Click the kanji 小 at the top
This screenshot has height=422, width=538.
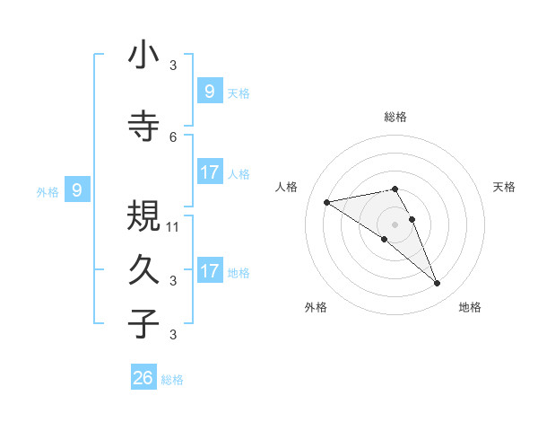click(x=143, y=57)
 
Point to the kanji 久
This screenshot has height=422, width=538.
click(x=143, y=270)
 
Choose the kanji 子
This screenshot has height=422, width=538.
click(x=143, y=323)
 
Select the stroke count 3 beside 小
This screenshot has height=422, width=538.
click(x=173, y=65)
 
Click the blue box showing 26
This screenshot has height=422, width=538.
click(x=143, y=378)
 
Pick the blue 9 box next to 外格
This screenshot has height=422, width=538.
click(x=77, y=189)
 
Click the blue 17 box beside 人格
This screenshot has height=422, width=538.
click(x=209, y=172)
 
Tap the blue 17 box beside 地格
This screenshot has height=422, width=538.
click(x=209, y=271)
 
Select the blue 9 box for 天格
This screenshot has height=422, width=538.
click(x=209, y=91)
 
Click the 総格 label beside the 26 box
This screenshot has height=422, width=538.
click(x=172, y=380)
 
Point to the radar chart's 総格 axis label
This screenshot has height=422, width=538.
click(x=395, y=117)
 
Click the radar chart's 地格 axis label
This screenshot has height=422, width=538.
click(x=470, y=307)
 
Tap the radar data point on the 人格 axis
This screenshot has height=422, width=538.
click(x=326, y=202)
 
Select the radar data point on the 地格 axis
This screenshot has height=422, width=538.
click(x=438, y=284)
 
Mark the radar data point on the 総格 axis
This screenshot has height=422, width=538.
click(x=395, y=189)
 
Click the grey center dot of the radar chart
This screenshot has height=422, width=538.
click(x=395, y=224)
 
